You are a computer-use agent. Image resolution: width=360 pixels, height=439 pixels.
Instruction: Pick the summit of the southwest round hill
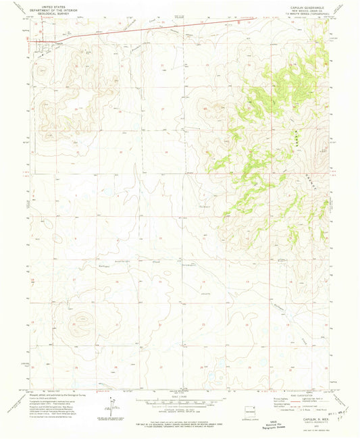(x=82, y=318)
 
